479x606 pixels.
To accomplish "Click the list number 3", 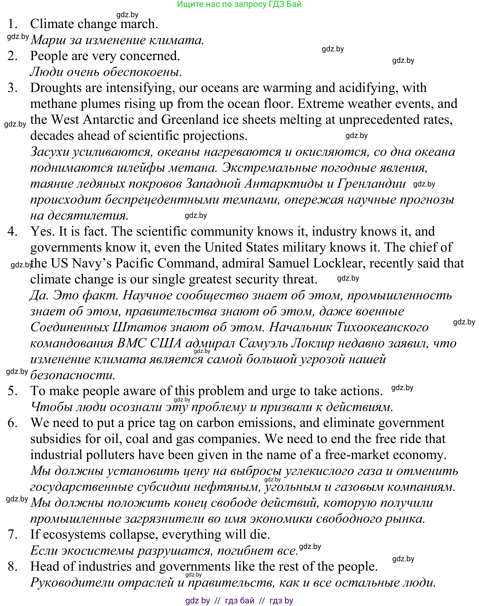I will tap(13, 88).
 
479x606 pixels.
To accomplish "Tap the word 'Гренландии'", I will tap(371, 184).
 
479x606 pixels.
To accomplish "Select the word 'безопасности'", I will tap(72, 376).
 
